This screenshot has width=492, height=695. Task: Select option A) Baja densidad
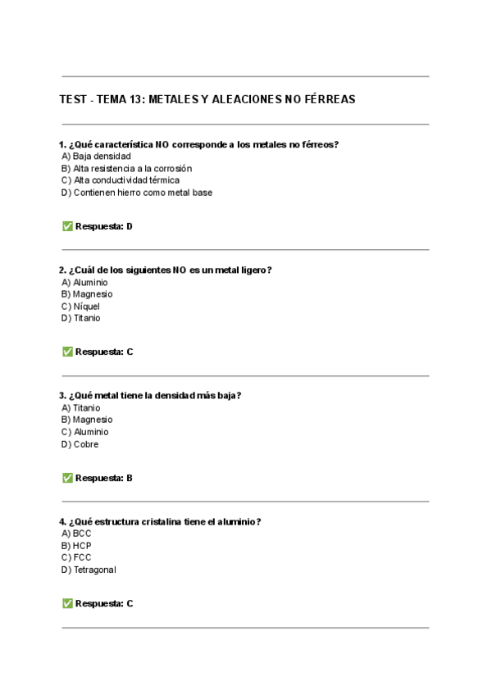[96, 156]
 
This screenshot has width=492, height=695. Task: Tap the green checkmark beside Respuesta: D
[67, 226]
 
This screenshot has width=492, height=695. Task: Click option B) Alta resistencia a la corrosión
[126, 168]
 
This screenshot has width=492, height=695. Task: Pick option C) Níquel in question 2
[80, 307]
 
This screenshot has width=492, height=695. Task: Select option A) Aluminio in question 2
[84, 282]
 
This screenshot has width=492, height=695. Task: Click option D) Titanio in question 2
[80, 319]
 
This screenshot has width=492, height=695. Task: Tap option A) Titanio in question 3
[80, 407]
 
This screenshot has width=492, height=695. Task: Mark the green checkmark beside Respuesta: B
[67, 478]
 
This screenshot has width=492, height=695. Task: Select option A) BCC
[76, 534]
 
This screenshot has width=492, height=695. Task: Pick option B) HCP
[76, 545]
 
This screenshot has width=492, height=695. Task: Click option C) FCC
[76, 557]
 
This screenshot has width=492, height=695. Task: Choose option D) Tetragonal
[89, 570]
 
